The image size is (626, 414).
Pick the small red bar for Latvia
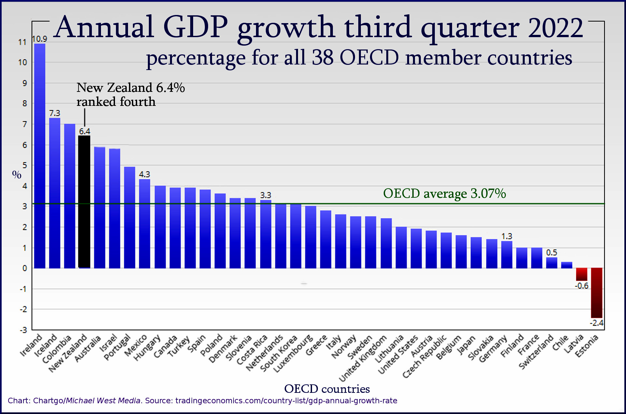click(582, 274)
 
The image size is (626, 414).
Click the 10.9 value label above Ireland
click(40, 39)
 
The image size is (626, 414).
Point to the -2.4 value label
click(597, 323)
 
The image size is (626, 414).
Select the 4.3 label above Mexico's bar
click(145, 174)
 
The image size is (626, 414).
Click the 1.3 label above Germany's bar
click(506, 236)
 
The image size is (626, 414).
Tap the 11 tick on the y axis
click(22, 42)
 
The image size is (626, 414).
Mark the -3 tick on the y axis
click(23, 330)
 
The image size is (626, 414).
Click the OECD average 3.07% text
click(444, 193)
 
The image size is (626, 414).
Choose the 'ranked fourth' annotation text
click(116, 102)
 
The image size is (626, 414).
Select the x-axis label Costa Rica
click(252, 350)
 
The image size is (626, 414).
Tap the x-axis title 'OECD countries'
click(327, 389)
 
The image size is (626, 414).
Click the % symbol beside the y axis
click(17, 175)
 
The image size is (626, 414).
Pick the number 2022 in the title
click(556, 28)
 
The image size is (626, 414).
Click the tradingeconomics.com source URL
click(286, 401)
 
